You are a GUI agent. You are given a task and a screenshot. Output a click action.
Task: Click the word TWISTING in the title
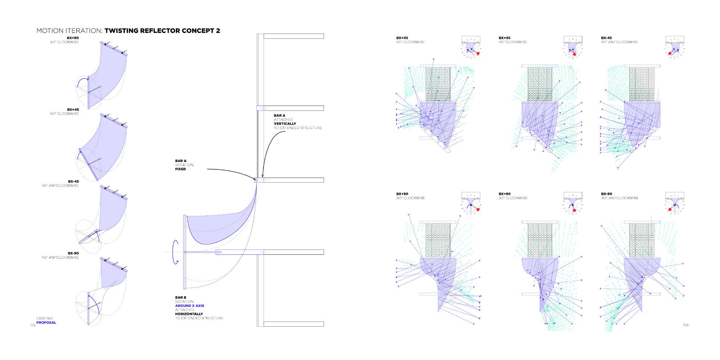pos(122,31)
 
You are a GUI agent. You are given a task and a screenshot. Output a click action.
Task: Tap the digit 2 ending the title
pos(218,31)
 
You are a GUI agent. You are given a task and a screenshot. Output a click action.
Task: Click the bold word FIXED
pos(180,169)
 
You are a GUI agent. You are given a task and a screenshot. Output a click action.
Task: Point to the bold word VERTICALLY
pos(285,124)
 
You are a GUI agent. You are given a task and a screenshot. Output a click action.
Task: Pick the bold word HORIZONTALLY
pos(189,314)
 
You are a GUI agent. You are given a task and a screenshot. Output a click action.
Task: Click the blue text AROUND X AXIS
pos(189,306)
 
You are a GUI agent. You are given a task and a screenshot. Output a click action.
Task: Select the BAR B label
pos(181,298)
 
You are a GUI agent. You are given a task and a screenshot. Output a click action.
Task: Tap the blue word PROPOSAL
pos(46,323)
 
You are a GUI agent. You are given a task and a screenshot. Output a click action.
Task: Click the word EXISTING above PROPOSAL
pos(44,318)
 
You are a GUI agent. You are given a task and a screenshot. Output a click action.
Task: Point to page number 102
pos(32,325)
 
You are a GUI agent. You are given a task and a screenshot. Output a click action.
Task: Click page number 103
pos(686,325)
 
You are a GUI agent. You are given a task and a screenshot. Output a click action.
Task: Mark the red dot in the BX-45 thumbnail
pos(670,53)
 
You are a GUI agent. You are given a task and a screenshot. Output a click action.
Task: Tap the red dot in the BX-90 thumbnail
pos(670,210)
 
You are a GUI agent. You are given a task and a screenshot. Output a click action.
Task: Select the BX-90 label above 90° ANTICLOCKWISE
pos(606,194)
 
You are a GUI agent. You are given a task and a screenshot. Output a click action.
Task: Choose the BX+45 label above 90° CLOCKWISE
pos(73,109)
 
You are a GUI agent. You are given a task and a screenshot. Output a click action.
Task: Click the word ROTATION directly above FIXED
pos(184,165)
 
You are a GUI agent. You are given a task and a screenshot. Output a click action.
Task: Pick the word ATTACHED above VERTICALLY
pos(283,120)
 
